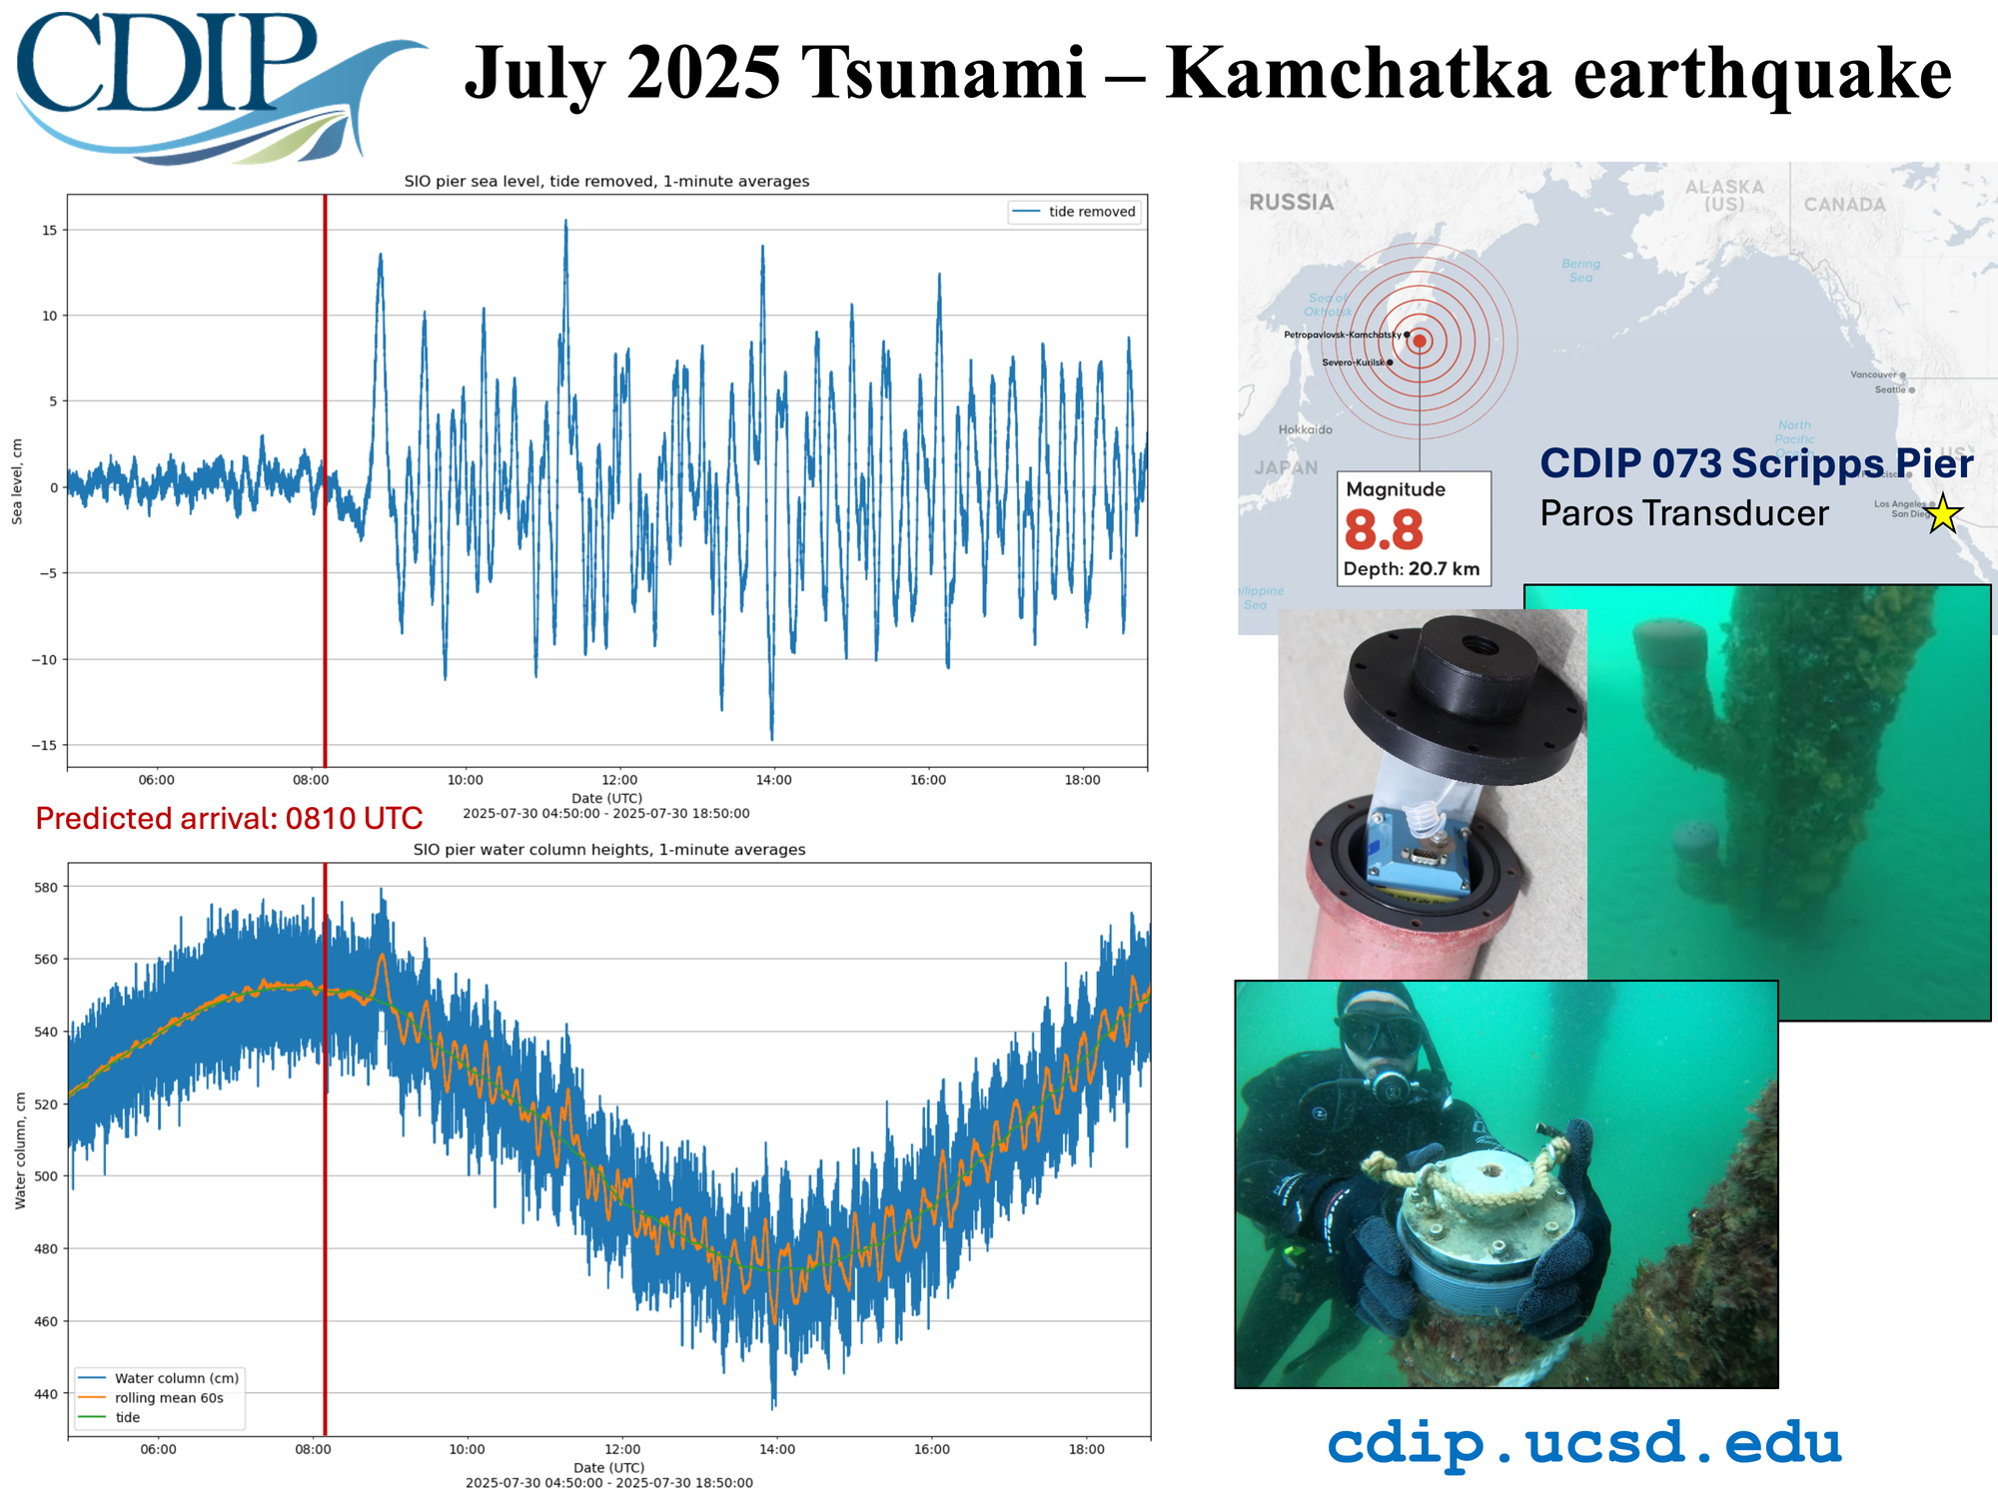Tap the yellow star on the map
point(1942,513)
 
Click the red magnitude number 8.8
point(1383,530)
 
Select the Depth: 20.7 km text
point(1411,569)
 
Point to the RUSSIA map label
point(1291,203)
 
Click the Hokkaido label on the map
point(1305,429)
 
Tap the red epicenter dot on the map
point(1420,341)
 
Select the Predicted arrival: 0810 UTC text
point(229,818)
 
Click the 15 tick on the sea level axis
point(49,231)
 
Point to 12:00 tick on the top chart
point(619,780)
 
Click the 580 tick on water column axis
point(46,887)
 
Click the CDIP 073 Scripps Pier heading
point(1755,463)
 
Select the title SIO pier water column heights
point(608,850)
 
